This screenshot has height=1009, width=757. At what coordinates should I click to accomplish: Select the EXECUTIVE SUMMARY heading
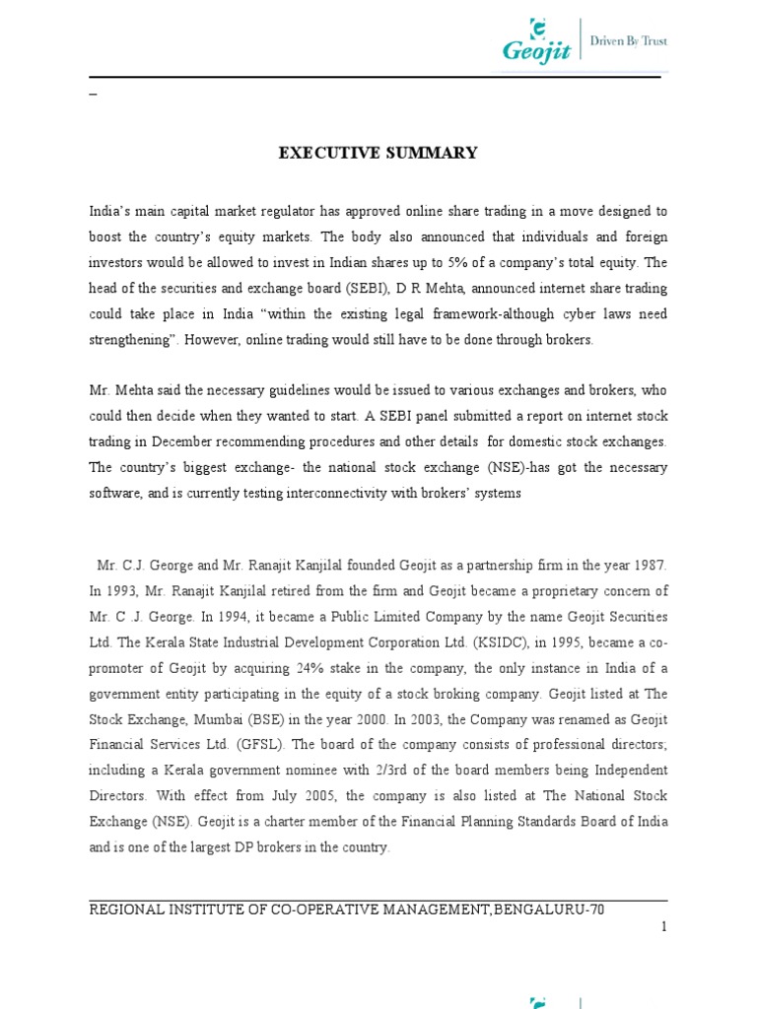378,153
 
